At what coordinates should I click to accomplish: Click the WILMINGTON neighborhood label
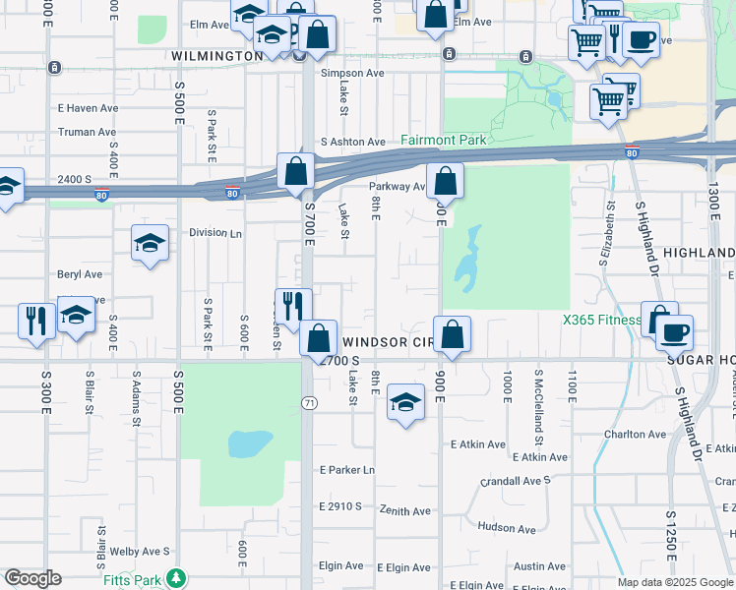point(216,56)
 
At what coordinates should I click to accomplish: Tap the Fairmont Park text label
point(443,141)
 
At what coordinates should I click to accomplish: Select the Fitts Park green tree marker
point(176,577)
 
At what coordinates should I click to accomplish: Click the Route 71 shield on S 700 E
point(308,403)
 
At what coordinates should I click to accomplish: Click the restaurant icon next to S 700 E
point(292,306)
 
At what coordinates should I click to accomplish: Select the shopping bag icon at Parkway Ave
point(445,182)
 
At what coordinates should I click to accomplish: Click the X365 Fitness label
point(600,321)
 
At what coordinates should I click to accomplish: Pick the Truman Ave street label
point(87,132)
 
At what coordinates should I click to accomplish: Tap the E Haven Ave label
point(88,108)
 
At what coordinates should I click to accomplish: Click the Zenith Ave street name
point(405,511)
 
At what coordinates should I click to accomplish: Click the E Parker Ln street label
point(347,470)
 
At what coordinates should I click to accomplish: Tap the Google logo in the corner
point(32,578)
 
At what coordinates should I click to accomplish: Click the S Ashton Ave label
point(351,143)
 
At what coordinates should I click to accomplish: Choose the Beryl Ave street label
point(80,274)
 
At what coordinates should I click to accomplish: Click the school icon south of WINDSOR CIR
point(404,403)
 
